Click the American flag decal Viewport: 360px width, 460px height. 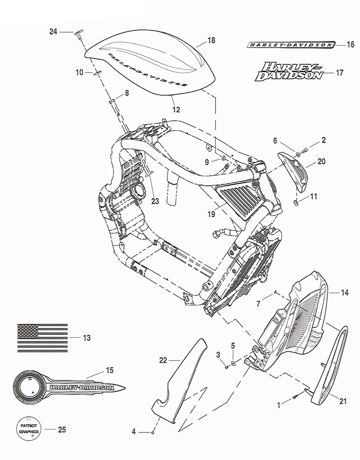click(42, 338)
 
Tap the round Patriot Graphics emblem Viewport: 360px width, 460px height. click(29, 430)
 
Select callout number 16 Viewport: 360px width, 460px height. click(350, 45)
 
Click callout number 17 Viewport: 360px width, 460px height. click(340, 73)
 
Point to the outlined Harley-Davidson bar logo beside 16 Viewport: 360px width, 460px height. click(290, 45)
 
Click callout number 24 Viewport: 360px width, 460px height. click(53, 32)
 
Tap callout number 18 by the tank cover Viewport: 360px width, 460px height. click(211, 40)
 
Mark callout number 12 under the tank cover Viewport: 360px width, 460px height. click(176, 109)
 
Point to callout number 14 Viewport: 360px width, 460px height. click(345, 292)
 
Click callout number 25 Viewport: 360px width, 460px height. click(62, 430)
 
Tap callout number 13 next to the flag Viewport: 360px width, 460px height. click(86, 338)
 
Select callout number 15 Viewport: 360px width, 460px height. click(109, 370)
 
